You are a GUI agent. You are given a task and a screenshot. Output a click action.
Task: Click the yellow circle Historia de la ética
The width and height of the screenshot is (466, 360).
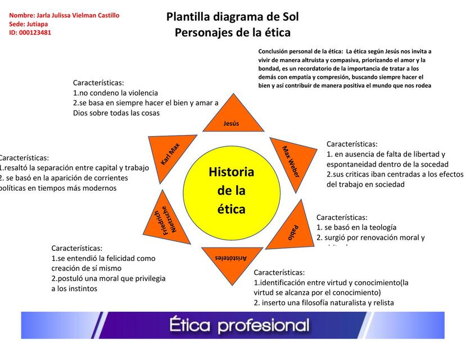tap(232, 191)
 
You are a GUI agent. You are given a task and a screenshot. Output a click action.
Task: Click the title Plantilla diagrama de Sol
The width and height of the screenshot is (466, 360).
tap(232, 17)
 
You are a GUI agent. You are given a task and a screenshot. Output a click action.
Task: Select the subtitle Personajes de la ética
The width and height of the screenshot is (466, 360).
tap(232, 33)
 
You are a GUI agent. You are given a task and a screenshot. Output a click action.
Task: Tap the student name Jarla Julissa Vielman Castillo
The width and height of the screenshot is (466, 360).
tap(64, 15)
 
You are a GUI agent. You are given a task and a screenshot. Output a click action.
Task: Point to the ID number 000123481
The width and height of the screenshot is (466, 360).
tap(30, 33)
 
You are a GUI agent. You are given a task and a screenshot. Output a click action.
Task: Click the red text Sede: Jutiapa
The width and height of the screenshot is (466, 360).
tap(29, 24)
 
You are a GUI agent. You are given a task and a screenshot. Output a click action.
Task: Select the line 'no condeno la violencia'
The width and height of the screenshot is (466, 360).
tap(115, 93)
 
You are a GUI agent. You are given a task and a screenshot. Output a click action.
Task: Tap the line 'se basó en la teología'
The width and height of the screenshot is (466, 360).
tap(356, 227)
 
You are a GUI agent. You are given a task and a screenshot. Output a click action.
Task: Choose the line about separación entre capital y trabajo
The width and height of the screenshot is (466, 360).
tap(74, 168)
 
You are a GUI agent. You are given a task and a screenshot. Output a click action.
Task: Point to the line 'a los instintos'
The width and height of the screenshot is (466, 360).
tap(74, 289)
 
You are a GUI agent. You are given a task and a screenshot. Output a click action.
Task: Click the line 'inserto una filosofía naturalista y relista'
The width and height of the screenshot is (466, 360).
tap(324, 303)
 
